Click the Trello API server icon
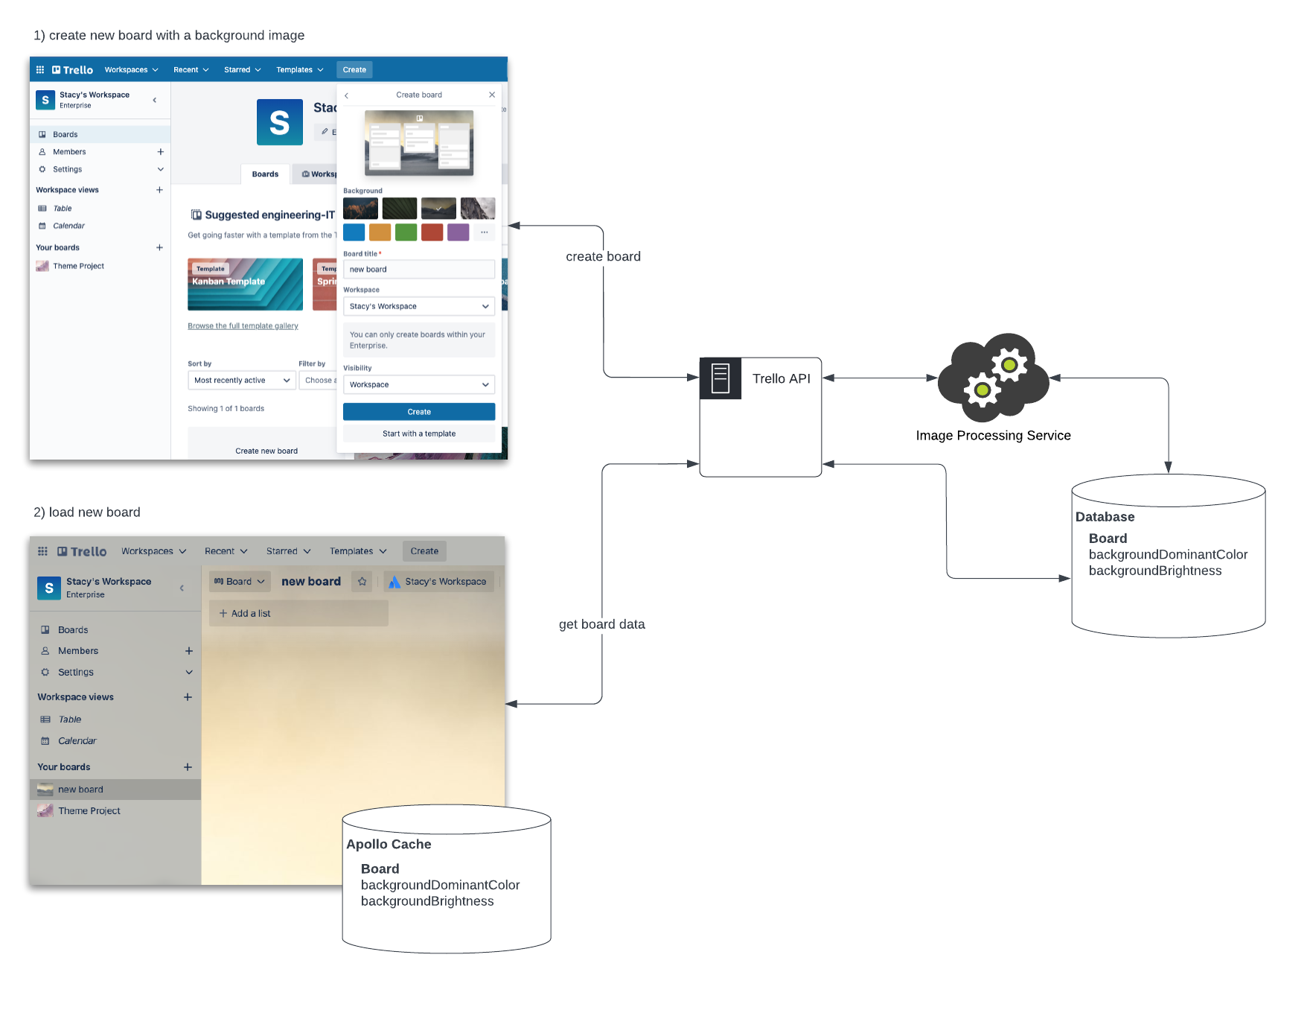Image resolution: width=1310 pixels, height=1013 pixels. tap(720, 378)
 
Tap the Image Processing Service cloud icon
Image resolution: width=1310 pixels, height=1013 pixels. tap(993, 378)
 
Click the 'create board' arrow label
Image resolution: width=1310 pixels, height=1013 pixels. tap(603, 256)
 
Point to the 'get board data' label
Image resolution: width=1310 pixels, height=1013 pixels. tap(601, 624)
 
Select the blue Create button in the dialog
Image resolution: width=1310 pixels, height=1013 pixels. tap(419, 412)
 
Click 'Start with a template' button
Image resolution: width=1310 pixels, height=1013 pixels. tap(419, 434)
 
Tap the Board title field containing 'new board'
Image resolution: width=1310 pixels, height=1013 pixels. tap(419, 270)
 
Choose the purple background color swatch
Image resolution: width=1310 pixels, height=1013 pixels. tap(458, 232)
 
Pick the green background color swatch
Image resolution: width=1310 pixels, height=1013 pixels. tap(406, 232)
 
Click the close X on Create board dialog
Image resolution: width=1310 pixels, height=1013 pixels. tap(492, 95)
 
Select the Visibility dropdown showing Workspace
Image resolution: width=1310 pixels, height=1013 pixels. tap(419, 384)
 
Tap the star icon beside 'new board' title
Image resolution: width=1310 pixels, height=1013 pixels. tap(362, 582)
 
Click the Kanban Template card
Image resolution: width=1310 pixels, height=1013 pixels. tap(245, 284)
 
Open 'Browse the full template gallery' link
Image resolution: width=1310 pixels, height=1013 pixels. tap(243, 326)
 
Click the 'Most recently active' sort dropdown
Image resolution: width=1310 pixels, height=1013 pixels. tap(241, 381)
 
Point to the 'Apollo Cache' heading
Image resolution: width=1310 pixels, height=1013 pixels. tap(389, 844)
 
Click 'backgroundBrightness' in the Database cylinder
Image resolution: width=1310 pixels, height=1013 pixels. tap(1154, 571)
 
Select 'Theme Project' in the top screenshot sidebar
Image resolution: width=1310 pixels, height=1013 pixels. tap(78, 266)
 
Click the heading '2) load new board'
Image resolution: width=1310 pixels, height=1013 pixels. tap(87, 512)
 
